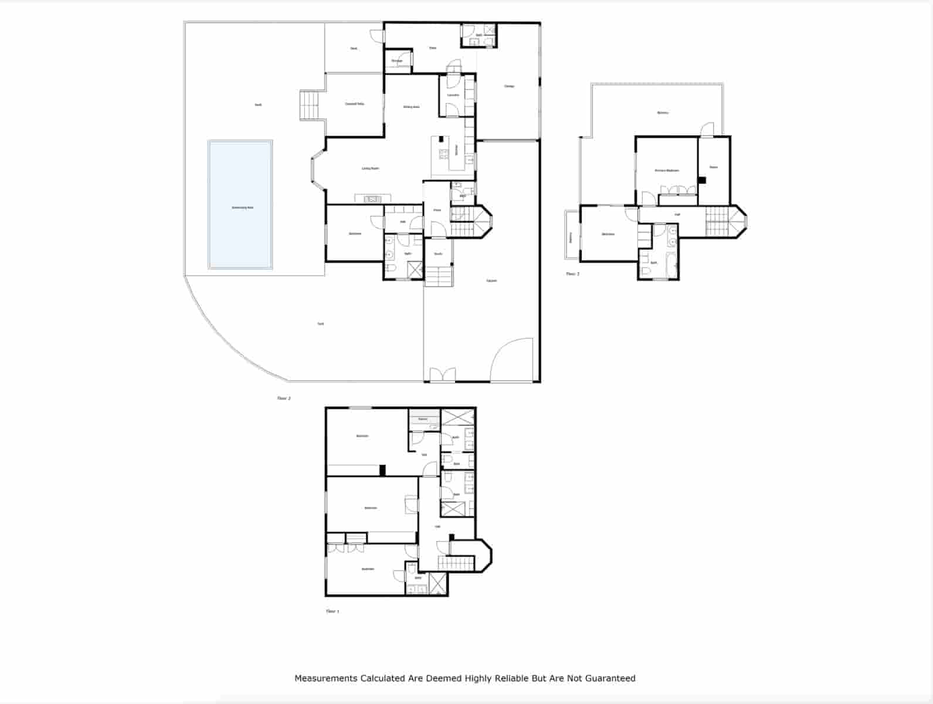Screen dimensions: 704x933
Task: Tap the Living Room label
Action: [x=370, y=168]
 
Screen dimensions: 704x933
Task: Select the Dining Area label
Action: [x=411, y=107]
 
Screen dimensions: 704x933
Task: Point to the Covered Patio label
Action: [x=354, y=104]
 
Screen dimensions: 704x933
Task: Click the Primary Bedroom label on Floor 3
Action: [x=667, y=171]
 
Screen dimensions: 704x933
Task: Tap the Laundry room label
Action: [x=453, y=95]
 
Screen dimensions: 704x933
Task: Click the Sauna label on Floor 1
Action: [x=423, y=419]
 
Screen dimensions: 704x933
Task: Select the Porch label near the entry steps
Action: [x=438, y=254]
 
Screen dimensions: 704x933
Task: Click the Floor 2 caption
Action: [x=284, y=398]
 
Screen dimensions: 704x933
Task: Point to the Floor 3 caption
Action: [x=572, y=274]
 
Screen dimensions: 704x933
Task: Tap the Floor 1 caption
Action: [x=333, y=611]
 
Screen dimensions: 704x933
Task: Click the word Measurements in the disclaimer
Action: [x=325, y=678]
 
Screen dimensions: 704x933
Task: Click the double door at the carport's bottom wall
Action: [x=442, y=375]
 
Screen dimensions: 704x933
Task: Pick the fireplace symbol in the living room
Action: [x=372, y=199]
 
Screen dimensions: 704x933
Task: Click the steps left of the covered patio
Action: [x=309, y=105]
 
